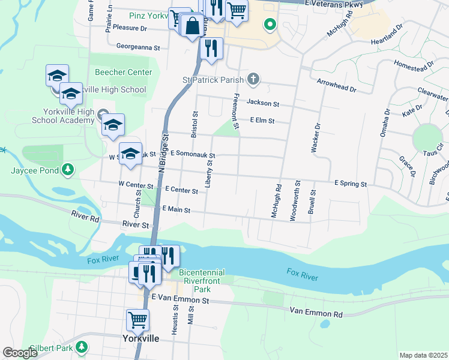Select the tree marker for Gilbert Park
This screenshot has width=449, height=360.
click(x=82, y=347)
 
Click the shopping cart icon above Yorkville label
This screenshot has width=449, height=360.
click(x=138, y=320)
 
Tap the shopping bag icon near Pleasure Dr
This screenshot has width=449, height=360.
click(x=192, y=27)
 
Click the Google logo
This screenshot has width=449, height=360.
click(x=20, y=353)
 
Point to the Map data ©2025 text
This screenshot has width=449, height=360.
click(x=423, y=355)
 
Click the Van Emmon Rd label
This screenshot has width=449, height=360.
click(x=316, y=313)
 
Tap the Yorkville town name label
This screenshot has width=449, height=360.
click(x=140, y=338)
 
